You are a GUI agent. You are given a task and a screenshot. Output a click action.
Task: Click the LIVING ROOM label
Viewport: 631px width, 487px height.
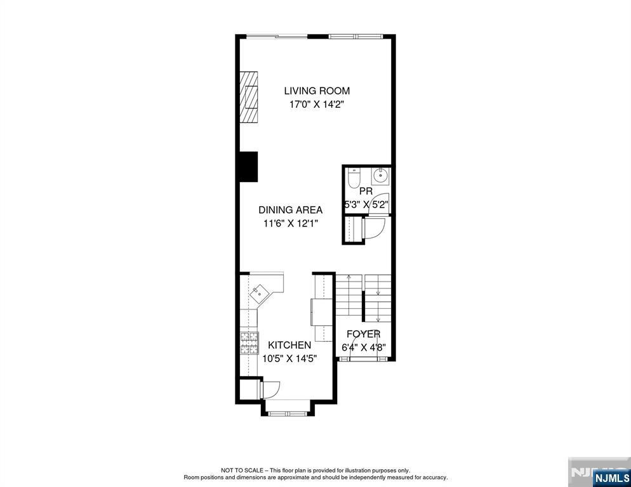pos(317,91)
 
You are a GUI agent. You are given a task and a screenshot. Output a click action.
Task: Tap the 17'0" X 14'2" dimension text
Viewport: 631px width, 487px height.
pos(317,105)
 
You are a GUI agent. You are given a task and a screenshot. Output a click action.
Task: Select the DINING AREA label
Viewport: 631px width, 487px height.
pos(290,210)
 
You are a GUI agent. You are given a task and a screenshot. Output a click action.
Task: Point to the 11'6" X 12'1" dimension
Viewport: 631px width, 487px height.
pos(291,223)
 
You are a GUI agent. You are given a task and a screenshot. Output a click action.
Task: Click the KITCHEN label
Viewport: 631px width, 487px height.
pos(289,345)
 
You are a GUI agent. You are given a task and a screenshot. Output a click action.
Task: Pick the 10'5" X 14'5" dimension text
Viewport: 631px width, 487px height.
pos(289,359)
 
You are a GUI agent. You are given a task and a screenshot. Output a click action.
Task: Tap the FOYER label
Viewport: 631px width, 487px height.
pos(363,334)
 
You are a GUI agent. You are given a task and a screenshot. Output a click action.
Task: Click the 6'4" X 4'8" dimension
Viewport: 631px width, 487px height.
pos(363,347)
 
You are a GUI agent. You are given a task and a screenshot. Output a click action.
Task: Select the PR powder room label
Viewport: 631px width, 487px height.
pos(366,192)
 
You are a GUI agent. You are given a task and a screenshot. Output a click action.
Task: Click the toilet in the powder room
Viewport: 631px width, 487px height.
pos(354,178)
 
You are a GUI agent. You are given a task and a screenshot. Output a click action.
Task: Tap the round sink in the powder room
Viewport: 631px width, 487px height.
pos(380,175)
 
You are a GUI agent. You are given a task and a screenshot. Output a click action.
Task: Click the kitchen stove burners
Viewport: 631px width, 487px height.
pos(249,343)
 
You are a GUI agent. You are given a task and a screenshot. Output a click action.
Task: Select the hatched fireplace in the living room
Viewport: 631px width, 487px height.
pos(249,97)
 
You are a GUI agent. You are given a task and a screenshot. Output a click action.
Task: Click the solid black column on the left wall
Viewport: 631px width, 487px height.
pos(249,167)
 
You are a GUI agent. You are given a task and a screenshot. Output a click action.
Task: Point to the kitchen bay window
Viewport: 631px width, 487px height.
pos(287,413)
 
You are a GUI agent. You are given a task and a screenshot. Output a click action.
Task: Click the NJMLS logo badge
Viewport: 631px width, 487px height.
pos(611,477)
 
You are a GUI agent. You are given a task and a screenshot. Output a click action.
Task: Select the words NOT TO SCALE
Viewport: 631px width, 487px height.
pos(242,470)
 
